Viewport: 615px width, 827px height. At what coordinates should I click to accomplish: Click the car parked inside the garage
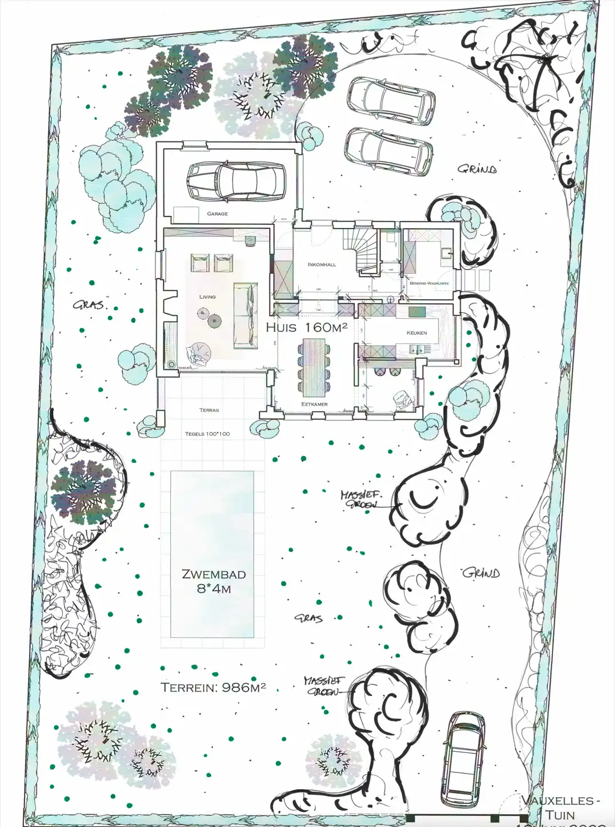click(236, 181)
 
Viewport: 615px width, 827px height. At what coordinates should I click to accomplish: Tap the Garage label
click(217, 214)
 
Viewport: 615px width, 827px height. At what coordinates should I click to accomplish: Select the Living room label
click(207, 297)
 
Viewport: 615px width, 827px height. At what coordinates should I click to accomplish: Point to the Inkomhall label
click(322, 265)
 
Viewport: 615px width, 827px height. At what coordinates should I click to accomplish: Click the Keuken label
click(417, 333)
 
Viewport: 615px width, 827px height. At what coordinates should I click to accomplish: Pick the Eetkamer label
click(314, 404)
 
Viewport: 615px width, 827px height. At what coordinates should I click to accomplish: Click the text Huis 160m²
click(307, 328)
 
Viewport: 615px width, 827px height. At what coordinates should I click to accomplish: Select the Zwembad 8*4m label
click(213, 581)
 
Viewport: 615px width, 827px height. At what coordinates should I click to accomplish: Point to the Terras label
click(209, 410)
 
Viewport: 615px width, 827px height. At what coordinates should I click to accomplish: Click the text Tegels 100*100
click(207, 434)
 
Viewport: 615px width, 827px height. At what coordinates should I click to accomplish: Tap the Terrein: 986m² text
click(213, 687)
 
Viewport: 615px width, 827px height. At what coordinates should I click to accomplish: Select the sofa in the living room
click(245, 315)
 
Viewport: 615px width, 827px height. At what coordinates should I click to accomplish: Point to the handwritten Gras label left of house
click(89, 305)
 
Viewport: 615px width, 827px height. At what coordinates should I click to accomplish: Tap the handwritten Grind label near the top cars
click(477, 169)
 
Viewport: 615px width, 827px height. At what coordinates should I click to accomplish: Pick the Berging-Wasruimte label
click(429, 284)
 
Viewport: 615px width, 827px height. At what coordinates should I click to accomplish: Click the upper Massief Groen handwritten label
click(361, 499)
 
